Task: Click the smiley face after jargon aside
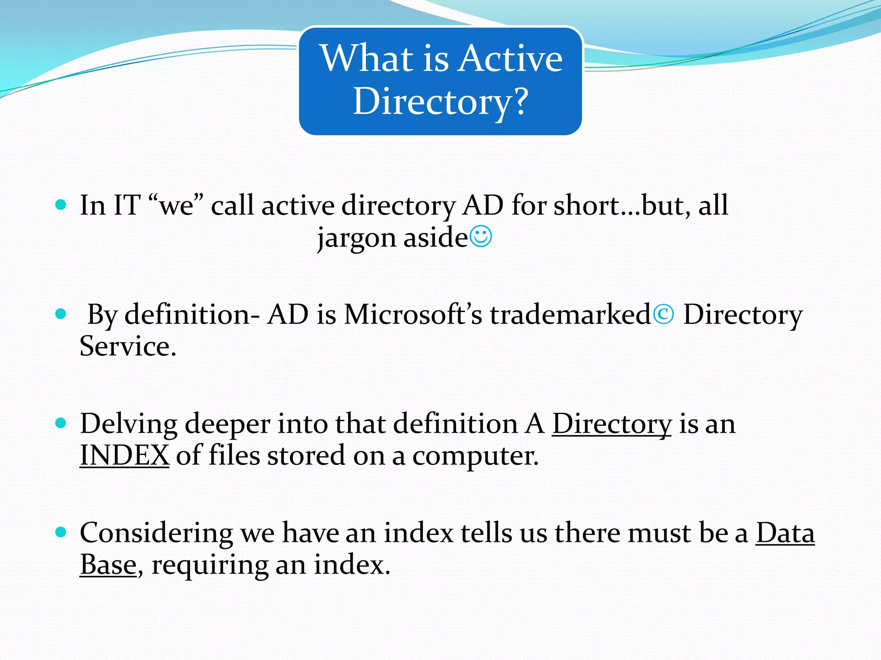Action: [x=481, y=237]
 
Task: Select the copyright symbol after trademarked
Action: [x=663, y=315]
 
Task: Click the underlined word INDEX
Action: [x=124, y=455]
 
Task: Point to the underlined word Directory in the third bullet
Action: [x=611, y=424]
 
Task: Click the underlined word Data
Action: [x=785, y=533]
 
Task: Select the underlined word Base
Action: [x=108, y=565]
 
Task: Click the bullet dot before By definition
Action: [x=61, y=314]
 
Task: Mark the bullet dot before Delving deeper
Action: [x=61, y=424]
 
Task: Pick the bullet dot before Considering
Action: [x=61, y=533]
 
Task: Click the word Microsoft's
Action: [x=413, y=315]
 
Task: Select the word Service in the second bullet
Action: [x=127, y=346]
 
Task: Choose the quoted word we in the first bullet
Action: [x=176, y=205]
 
